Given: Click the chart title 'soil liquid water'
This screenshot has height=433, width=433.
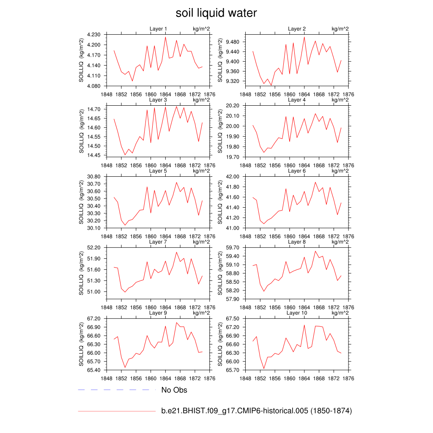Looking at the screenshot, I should [x=216, y=13].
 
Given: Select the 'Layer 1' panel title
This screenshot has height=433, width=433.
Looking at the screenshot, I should [x=158, y=29].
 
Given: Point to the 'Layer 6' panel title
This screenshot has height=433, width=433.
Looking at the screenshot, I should [x=297, y=171].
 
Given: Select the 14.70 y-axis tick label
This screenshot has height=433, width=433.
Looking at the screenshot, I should [x=94, y=109].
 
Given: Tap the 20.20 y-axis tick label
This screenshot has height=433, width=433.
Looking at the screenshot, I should [x=233, y=106].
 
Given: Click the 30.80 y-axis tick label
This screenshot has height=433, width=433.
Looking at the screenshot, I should [x=94, y=177].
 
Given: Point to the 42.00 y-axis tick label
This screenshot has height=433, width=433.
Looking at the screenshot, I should [x=233, y=177].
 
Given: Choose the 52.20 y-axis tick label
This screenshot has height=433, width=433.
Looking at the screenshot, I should [x=94, y=247].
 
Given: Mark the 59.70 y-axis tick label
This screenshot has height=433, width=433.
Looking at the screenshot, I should [x=233, y=247].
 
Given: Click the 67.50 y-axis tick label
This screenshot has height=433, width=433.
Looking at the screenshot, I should [x=233, y=318].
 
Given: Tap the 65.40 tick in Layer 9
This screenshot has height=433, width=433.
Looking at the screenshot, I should [x=94, y=370].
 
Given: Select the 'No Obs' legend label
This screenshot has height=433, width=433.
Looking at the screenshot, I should [x=174, y=390].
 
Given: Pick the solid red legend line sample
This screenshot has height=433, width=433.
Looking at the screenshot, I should [x=117, y=411].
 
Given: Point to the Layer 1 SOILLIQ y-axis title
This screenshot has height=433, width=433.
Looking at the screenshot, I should [x=82, y=60].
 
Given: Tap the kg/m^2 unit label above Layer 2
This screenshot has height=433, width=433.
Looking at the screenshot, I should [x=340, y=29].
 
